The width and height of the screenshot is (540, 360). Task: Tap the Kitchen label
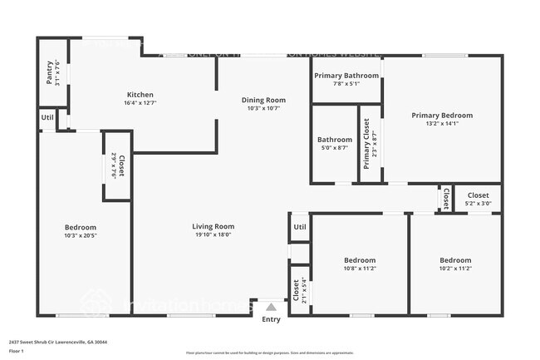140,99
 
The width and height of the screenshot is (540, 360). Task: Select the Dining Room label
263,105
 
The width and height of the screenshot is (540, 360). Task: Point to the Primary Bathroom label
346,79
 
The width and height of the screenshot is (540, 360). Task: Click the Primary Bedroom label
442,120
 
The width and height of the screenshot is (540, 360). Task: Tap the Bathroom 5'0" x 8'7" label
334,144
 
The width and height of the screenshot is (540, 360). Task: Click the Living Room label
214,230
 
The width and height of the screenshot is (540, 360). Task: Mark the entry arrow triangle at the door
270,306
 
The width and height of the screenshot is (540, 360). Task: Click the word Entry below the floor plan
271,319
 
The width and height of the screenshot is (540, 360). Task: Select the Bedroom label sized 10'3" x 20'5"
81,231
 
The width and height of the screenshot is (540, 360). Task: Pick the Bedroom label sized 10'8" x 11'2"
359,264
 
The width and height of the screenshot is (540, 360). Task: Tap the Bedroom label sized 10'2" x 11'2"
454,264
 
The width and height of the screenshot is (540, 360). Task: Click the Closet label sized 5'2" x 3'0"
477,198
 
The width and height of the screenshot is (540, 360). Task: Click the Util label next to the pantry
47,117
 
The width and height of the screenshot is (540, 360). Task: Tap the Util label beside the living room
300,226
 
